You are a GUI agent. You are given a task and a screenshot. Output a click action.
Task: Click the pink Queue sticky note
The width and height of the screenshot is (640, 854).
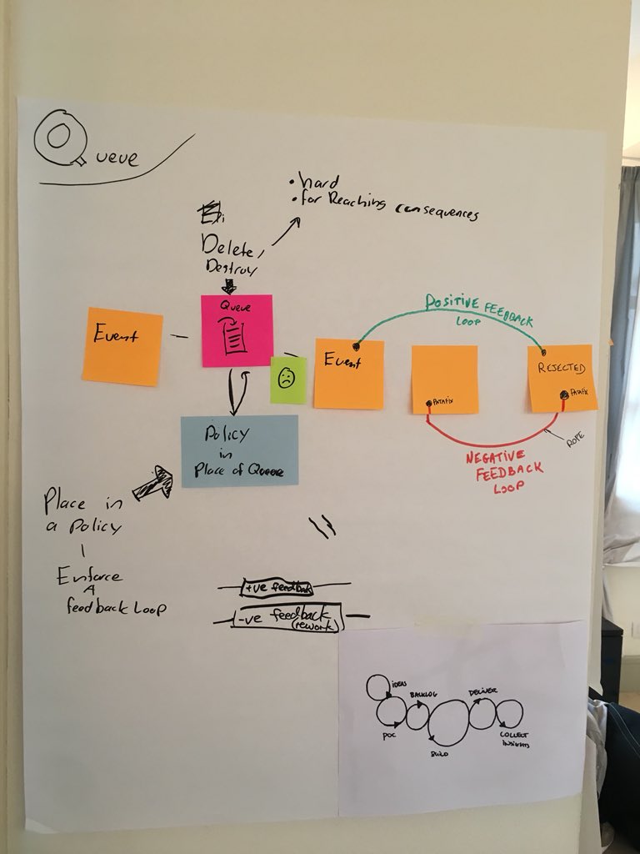point(237,330)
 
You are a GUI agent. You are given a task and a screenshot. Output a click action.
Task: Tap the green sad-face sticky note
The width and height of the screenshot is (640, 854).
point(287,380)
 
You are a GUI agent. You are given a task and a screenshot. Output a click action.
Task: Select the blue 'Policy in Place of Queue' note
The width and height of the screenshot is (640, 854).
point(239,450)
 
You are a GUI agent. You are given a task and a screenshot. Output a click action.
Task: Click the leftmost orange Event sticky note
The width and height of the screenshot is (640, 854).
point(122,346)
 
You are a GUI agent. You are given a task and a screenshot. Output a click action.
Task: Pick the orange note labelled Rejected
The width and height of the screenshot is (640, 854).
point(562,378)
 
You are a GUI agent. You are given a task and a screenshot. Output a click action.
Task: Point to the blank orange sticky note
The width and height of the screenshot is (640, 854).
point(445,379)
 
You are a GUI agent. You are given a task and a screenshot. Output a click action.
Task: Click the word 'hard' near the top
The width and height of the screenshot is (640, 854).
point(312,182)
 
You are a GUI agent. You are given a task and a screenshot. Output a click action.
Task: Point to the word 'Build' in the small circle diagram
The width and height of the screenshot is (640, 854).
point(440,753)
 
